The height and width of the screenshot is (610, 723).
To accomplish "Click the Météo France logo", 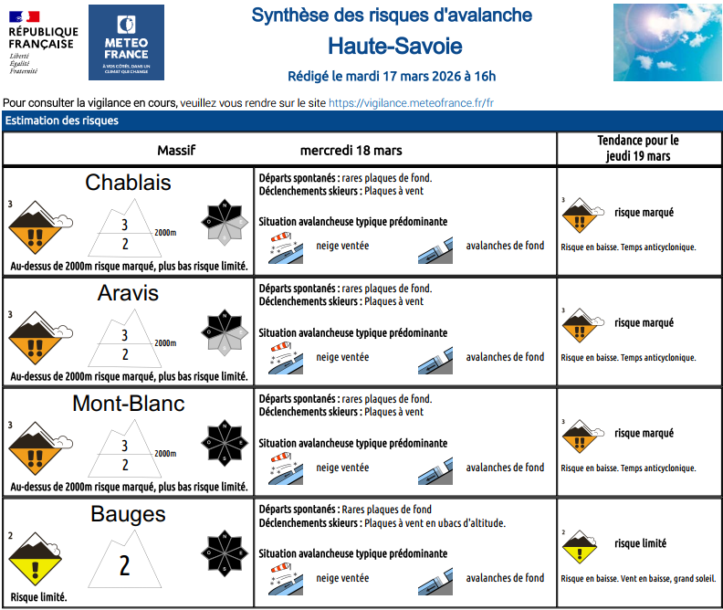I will point(126,42).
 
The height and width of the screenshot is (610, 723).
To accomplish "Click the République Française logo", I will point(42,42).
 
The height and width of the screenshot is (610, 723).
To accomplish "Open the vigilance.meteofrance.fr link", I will point(411,103).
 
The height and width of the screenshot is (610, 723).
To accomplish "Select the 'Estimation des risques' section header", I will point(62,121).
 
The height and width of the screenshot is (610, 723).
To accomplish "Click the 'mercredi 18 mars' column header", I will point(351,150).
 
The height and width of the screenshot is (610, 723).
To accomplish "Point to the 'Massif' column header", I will point(176,150).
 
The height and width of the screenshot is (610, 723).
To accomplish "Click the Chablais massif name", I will point(128,183).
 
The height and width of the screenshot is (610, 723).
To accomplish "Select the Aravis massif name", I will point(128,293).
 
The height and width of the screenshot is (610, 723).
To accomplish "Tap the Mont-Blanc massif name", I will point(128,404).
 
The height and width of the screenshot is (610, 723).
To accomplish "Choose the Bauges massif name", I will point(128,514).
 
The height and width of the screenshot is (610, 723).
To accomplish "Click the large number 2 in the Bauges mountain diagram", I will point(125,565).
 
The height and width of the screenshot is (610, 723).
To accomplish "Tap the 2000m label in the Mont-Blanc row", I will point(164,454).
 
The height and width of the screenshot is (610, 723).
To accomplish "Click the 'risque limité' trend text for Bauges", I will point(640,543).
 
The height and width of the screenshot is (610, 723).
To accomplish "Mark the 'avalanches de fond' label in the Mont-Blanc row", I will point(505,468).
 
